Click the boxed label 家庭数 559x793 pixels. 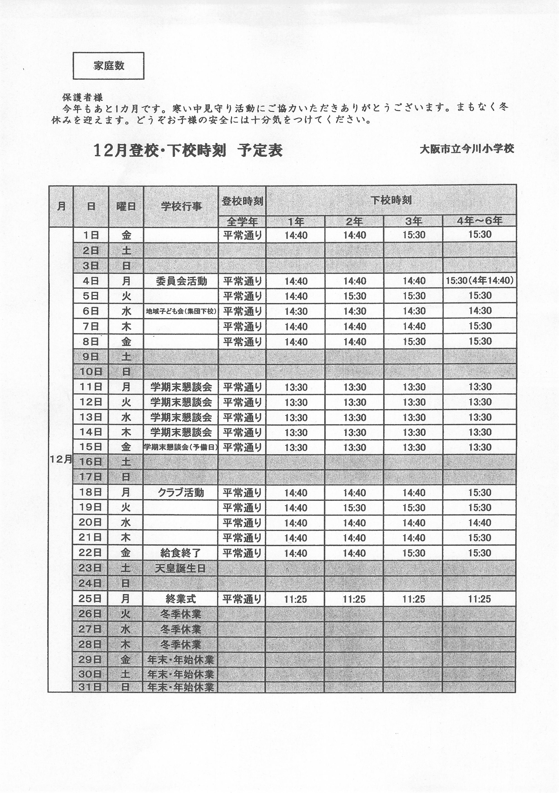pos(109,66)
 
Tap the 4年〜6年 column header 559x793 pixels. pos(479,221)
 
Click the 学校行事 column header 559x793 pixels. pos(181,207)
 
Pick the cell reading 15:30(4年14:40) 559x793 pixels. pos(479,281)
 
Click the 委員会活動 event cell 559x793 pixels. pos(181,281)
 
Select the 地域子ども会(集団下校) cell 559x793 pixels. pos(181,311)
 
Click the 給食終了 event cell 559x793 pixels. pos(181,553)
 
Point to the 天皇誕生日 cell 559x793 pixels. pos(181,568)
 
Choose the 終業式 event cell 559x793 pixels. pos(181,598)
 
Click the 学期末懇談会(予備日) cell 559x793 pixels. pos(181,447)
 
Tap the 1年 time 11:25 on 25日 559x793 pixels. pos(295,599)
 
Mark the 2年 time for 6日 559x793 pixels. pos(354,311)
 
